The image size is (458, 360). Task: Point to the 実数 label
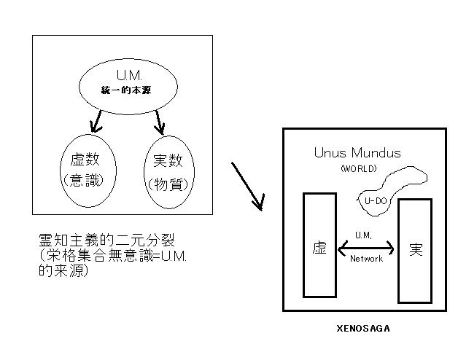point(168,160)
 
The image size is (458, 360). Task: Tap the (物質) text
point(168,183)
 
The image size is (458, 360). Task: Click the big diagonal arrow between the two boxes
point(247,185)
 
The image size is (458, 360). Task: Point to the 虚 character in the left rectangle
point(319,248)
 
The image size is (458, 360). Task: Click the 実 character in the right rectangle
point(416,249)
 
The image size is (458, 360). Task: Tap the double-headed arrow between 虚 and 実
point(366,249)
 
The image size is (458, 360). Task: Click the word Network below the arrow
point(366,259)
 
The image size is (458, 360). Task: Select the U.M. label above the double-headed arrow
point(363,235)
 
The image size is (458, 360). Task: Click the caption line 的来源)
point(63,270)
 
